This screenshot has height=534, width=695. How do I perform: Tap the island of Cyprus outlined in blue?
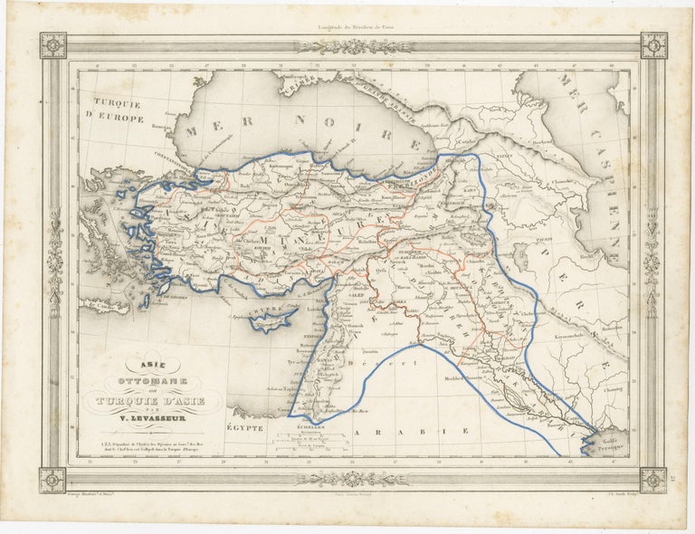point(272,318)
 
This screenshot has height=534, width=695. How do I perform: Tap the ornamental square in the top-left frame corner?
point(52,45)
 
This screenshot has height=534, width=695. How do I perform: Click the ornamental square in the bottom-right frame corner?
point(652,480)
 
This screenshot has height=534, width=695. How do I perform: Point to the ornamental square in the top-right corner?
point(652,45)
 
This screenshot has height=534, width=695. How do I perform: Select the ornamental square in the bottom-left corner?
point(52,480)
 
